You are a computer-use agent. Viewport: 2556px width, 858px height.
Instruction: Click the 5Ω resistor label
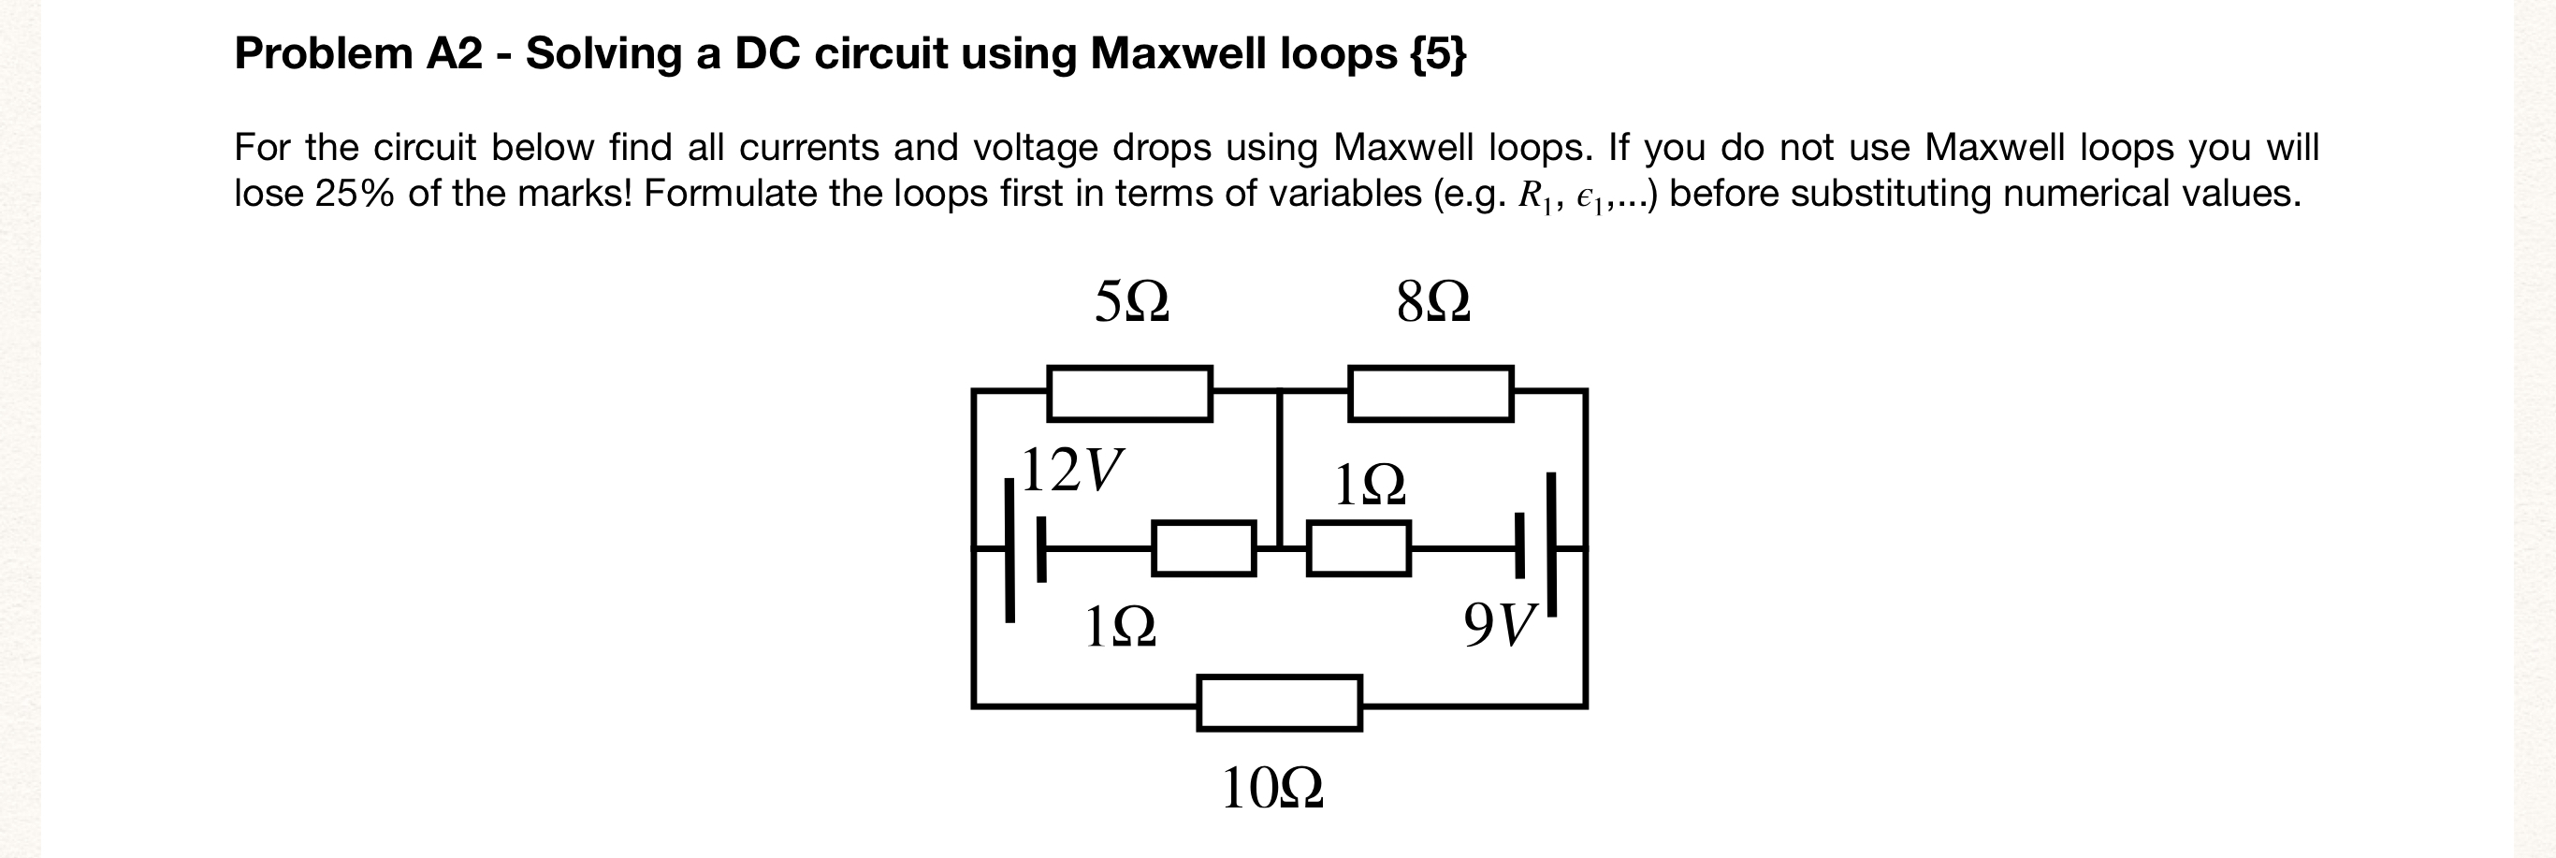point(1131,301)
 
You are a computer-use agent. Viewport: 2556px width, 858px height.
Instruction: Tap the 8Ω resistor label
point(1432,301)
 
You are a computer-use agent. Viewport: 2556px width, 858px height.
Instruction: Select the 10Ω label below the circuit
point(1272,789)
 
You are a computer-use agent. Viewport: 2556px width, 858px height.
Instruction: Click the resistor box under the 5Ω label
point(1129,394)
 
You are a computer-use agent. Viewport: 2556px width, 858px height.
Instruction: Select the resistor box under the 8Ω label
point(1430,394)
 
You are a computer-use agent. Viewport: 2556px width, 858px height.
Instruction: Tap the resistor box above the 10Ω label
point(1279,704)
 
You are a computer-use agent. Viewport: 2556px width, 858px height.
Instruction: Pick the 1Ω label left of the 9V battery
point(1370,484)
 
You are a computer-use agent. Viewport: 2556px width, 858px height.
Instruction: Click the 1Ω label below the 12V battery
point(1120,627)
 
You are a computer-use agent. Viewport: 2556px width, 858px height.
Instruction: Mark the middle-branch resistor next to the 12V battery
point(1203,548)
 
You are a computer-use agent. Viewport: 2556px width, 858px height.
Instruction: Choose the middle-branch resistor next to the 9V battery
point(1358,548)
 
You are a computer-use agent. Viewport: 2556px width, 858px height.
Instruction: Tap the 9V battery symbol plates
point(1535,544)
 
